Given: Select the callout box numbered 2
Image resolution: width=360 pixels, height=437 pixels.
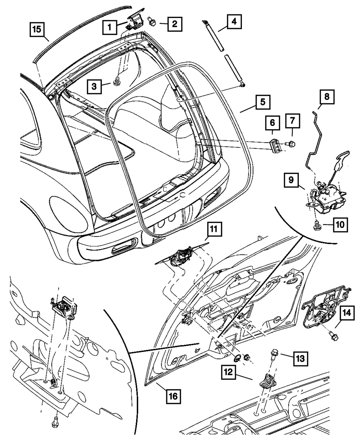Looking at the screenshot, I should point(174,24).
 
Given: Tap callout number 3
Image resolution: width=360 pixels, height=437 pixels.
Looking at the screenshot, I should point(94,86).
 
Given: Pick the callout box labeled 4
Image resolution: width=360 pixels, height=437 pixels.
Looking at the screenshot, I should point(234,22).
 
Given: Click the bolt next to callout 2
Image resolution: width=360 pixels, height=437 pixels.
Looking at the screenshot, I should point(152,23).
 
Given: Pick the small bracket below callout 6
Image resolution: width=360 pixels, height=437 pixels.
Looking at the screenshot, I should point(276,145).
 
